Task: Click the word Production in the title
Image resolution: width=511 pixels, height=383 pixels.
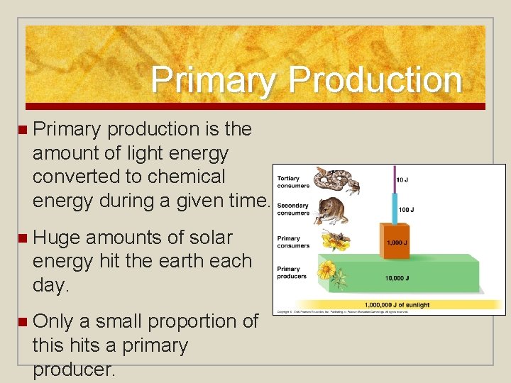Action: pos(375,80)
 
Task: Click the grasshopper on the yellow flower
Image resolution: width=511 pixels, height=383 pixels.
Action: pos(334,240)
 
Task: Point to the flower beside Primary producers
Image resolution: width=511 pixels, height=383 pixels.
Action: pos(327,271)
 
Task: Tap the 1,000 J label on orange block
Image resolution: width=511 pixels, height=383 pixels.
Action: pos(396,243)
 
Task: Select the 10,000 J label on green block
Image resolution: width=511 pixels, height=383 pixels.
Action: pos(397,279)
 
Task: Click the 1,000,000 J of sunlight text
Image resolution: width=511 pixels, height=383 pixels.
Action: pos(397,305)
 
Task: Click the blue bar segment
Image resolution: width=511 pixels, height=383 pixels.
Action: pos(394,209)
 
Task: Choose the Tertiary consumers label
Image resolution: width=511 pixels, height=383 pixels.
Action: pos(293,182)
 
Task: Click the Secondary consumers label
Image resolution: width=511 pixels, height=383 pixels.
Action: pos(294,209)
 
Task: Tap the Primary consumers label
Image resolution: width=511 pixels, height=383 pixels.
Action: pos(293,242)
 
